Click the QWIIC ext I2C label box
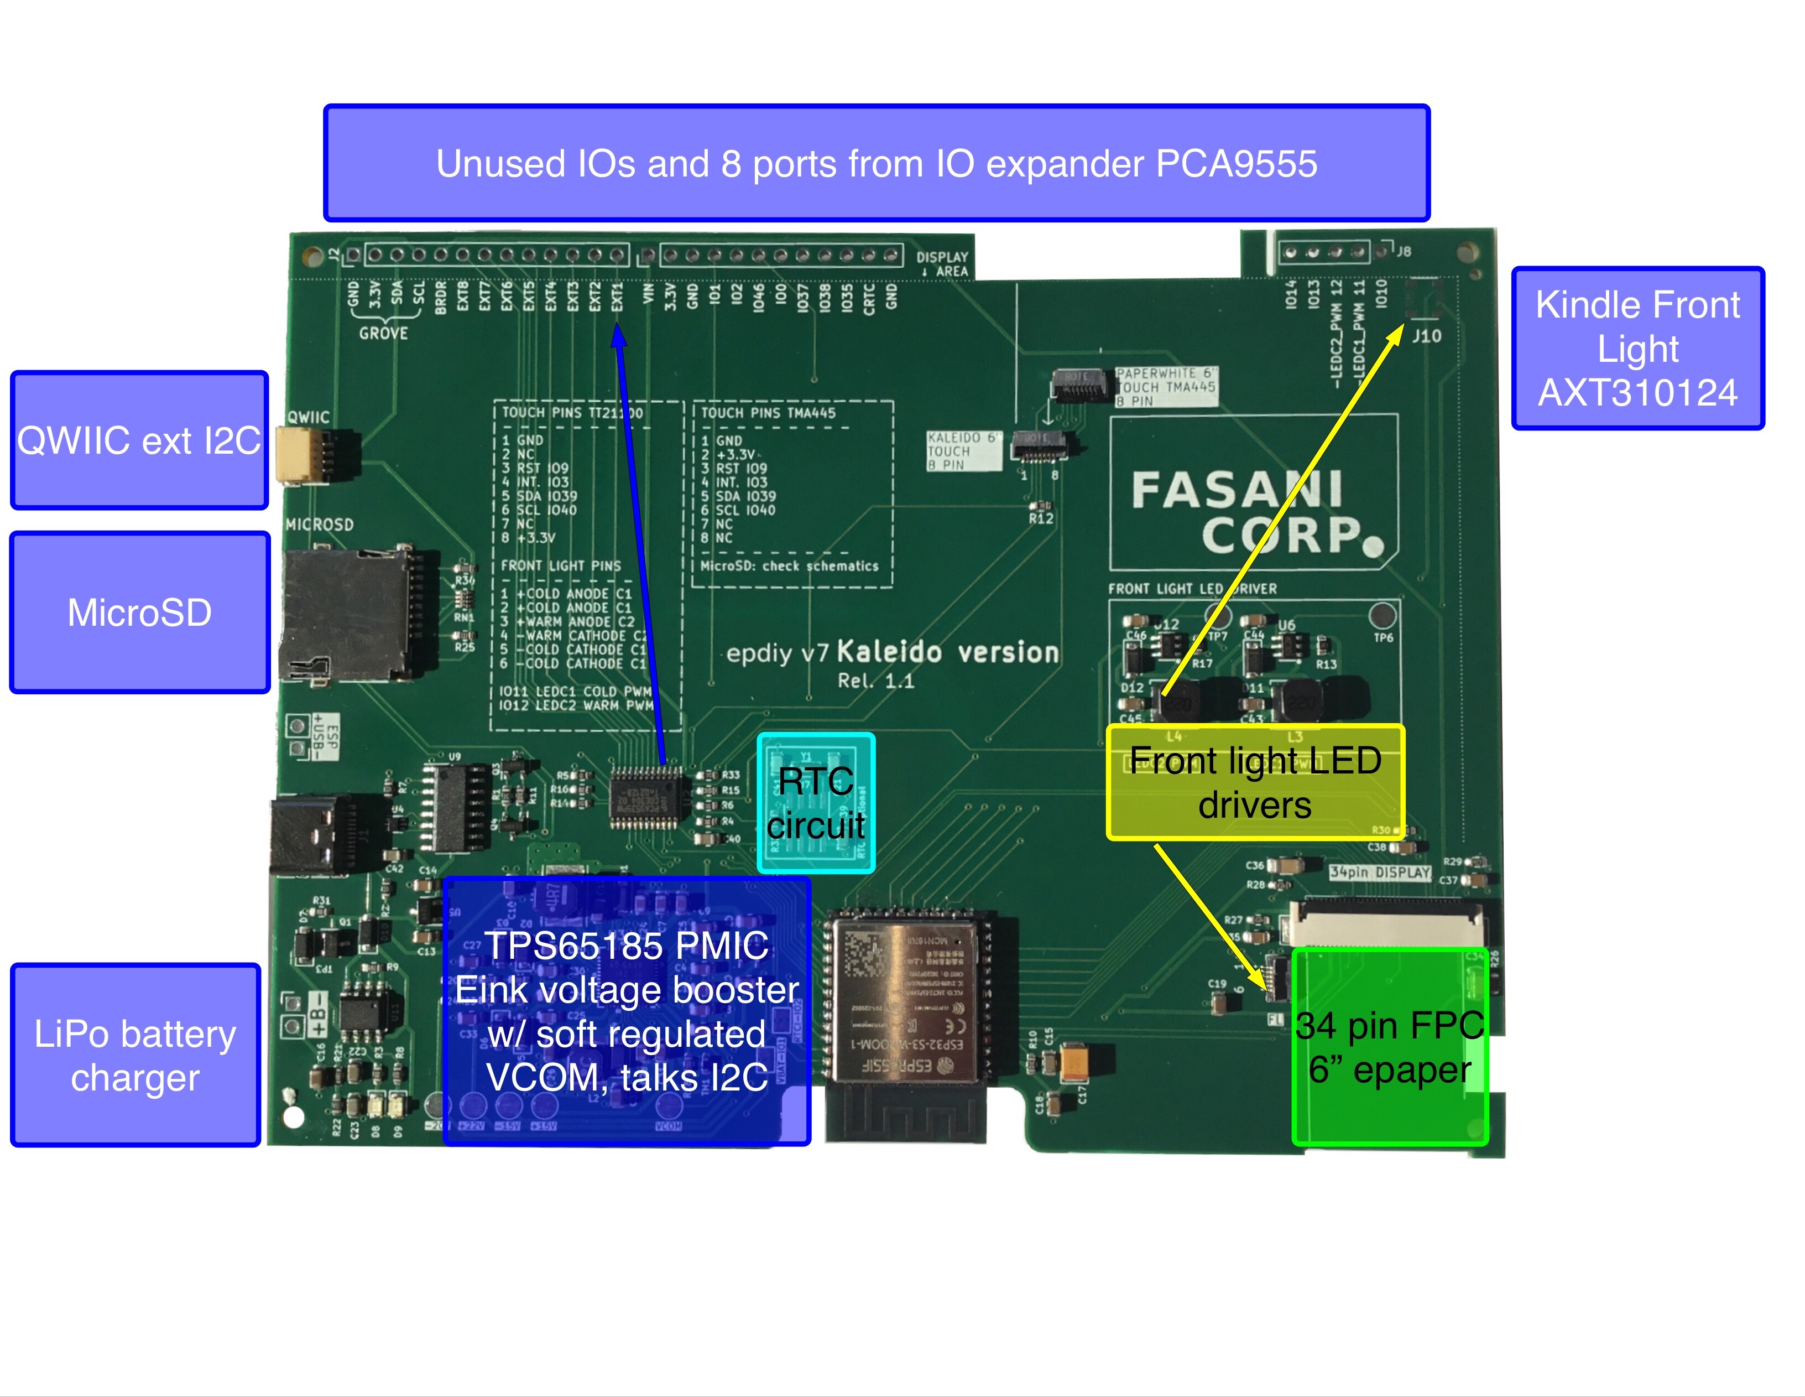click(139, 440)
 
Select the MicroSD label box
click(139, 612)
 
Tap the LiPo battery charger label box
click(135, 1055)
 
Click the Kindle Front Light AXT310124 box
click(1637, 348)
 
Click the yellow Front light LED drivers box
click(1255, 782)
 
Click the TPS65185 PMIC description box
click(627, 1011)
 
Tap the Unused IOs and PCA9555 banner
click(876, 163)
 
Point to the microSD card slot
click(347, 612)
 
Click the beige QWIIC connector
click(295, 455)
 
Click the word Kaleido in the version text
click(889, 652)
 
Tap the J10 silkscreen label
click(1427, 336)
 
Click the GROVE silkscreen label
click(383, 333)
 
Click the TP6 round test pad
click(1383, 615)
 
